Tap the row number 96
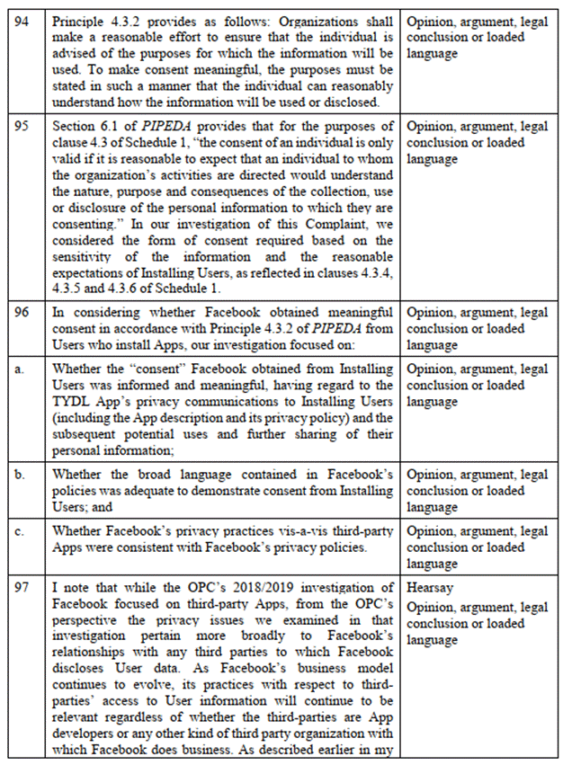(21, 312)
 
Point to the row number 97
(21, 587)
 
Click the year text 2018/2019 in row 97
(255, 587)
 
